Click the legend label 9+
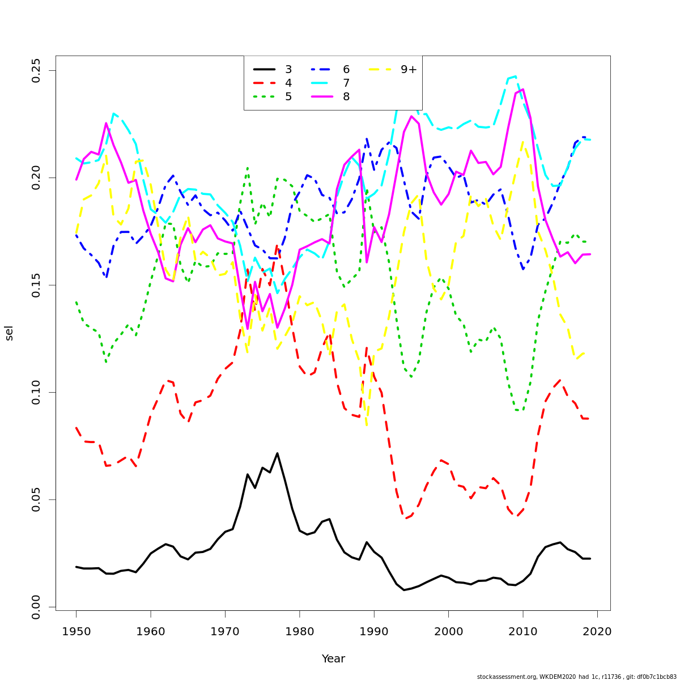409,70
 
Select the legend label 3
288,70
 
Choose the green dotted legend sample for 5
264,97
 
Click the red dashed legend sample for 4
264,83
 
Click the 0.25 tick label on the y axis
36,70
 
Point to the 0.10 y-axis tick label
36,392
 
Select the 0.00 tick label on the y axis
36,607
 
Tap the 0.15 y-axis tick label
36,285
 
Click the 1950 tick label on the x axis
76,631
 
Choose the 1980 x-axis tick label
299,631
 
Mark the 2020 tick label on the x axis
597,631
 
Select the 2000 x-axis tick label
448,631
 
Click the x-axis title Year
333,659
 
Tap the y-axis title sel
9,333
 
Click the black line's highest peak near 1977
277,453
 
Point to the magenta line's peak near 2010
522,89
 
